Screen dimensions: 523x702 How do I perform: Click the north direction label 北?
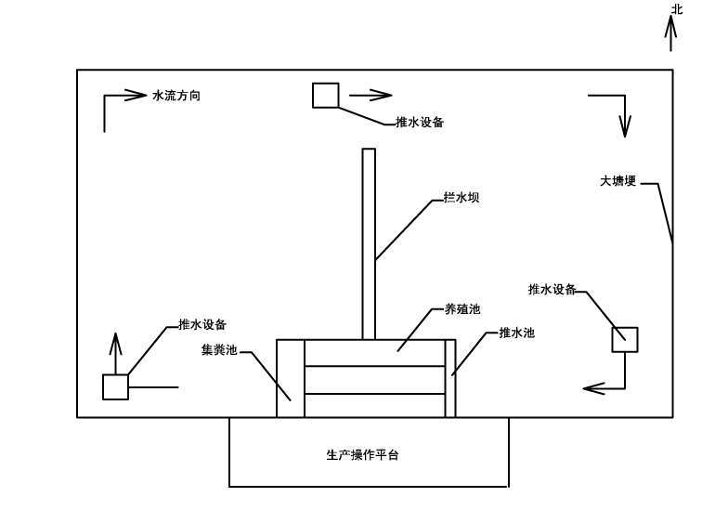tap(677, 9)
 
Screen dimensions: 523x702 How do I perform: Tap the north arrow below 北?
tap(670, 33)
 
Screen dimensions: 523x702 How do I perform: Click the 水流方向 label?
tap(176, 96)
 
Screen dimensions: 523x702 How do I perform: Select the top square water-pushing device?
tap(325, 96)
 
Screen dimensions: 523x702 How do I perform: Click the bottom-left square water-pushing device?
tap(115, 387)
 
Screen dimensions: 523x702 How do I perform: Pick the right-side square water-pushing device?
tap(625, 339)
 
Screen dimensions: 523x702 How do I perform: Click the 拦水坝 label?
tap(461, 198)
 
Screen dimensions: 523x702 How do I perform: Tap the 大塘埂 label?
tap(618, 181)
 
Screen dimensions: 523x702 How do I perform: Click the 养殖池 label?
tap(462, 309)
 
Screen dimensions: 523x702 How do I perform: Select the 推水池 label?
tap(516, 333)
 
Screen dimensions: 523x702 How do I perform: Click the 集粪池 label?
tap(219, 350)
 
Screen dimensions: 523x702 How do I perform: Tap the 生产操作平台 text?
tap(363, 455)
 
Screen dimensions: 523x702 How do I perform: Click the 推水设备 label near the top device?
tap(420, 122)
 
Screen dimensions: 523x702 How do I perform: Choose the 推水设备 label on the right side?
tap(552, 289)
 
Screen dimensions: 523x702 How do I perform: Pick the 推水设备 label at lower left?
tap(202, 325)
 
